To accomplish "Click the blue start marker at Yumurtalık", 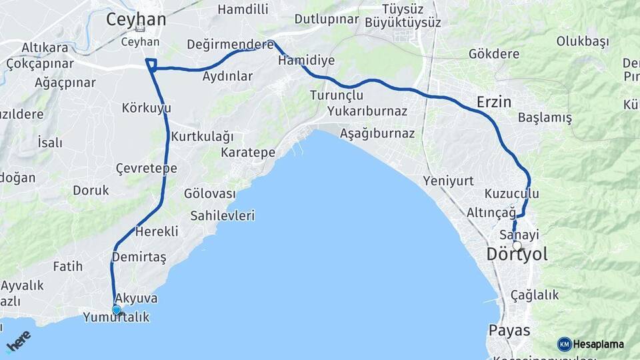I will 117,309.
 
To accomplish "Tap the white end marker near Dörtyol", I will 517,245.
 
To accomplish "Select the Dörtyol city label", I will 517,255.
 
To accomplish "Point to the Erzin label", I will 494,102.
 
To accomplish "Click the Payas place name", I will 509,330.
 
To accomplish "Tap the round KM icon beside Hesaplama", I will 564,344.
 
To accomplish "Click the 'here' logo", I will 19,341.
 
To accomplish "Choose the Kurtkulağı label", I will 203,137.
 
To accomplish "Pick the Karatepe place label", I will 248,153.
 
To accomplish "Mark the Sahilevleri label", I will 223,216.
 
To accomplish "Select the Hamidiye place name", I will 307,60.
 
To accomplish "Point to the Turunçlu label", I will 336,95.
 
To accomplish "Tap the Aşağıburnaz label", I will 377,133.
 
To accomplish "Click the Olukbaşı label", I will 583,41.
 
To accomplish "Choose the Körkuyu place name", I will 147,107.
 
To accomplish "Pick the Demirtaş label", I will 139,257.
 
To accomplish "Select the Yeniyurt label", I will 448,181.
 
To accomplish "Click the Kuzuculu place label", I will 511,193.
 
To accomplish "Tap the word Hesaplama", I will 599,344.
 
